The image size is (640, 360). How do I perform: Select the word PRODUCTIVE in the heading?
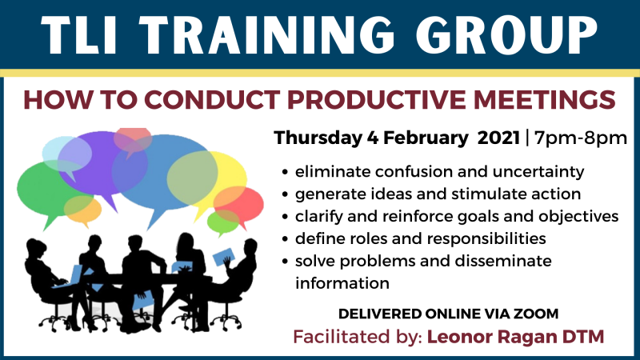click(x=377, y=99)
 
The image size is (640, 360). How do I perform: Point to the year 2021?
click(x=498, y=138)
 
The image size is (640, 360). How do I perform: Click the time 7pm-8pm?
click(x=581, y=138)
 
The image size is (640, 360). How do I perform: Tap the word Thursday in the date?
click(x=318, y=138)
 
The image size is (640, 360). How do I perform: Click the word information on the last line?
click(x=342, y=283)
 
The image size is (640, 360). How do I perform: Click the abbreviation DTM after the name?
click(x=583, y=337)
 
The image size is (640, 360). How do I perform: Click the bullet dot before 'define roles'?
click(x=286, y=238)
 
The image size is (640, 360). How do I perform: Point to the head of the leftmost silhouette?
click(x=37, y=248)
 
